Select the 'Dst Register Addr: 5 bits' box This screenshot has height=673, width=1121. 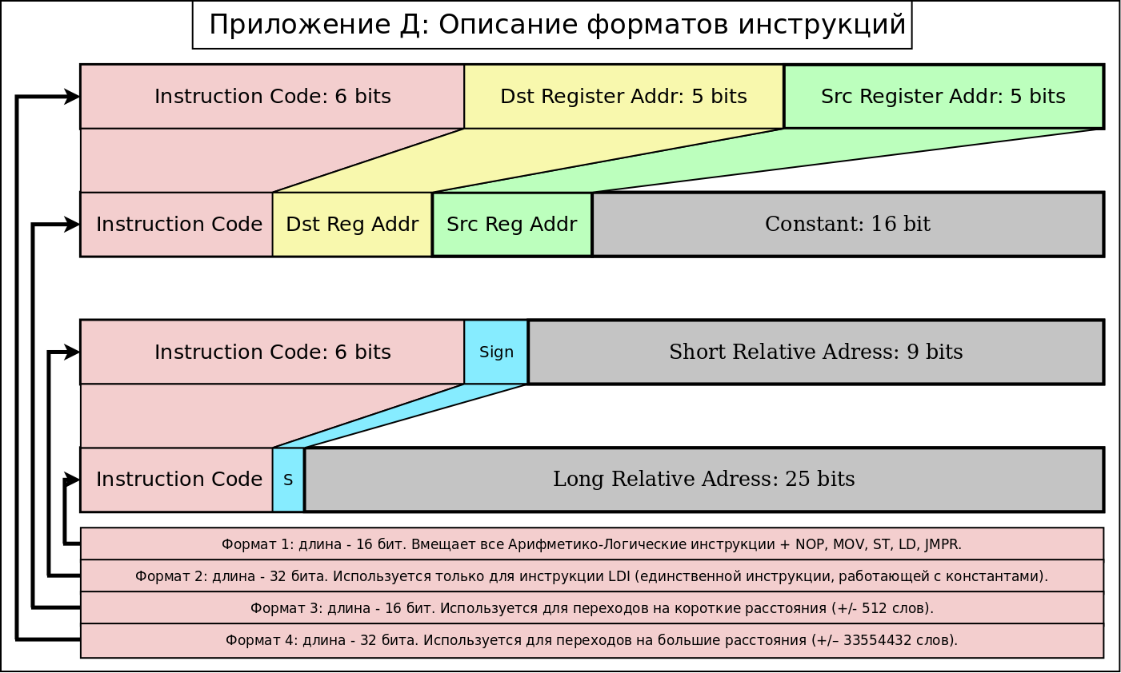[x=623, y=97]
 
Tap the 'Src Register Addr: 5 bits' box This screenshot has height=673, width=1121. [x=943, y=97]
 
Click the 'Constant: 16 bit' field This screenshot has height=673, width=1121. [x=847, y=225]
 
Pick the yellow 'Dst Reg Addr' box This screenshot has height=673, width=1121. [x=352, y=225]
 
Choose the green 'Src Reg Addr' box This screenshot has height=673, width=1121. [x=511, y=225]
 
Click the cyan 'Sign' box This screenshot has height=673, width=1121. [x=496, y=352]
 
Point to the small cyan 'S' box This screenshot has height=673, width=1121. [x=288, y=480]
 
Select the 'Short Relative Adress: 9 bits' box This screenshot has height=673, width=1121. [x=815, y=352]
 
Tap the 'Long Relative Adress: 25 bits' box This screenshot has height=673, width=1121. [x=703, y=480]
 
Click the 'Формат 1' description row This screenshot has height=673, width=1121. [x=591, y=544]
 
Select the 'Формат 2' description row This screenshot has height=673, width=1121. [x=591, y=576]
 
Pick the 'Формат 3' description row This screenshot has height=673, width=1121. [x=591, y=608]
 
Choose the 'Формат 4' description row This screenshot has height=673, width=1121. [x=591, y=640]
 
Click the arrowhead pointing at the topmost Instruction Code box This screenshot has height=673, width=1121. [x=73, y=97]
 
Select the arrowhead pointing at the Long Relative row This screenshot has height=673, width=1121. [x=73, y=480]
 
